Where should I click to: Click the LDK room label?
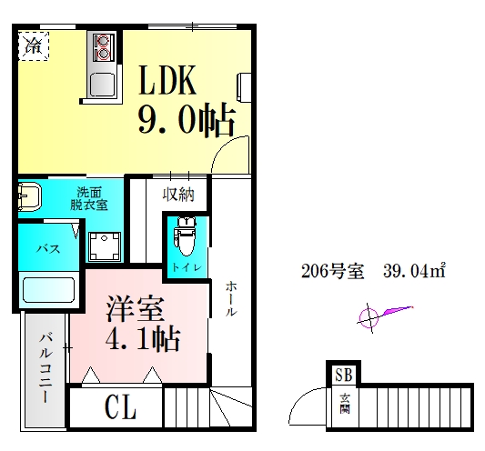coord(167,82)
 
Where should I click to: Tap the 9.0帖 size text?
coord(187,120)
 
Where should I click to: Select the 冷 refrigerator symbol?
coord(32,44)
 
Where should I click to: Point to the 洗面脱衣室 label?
coord(88,198)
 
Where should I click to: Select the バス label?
coord(48,247)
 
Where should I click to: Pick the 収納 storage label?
coord(178,194)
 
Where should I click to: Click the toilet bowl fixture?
coord(186,239)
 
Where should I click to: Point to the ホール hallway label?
coord(232,298)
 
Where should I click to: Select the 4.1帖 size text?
coord(144,339)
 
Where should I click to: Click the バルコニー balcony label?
coord(44,368)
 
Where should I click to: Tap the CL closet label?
coord(118,408)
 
